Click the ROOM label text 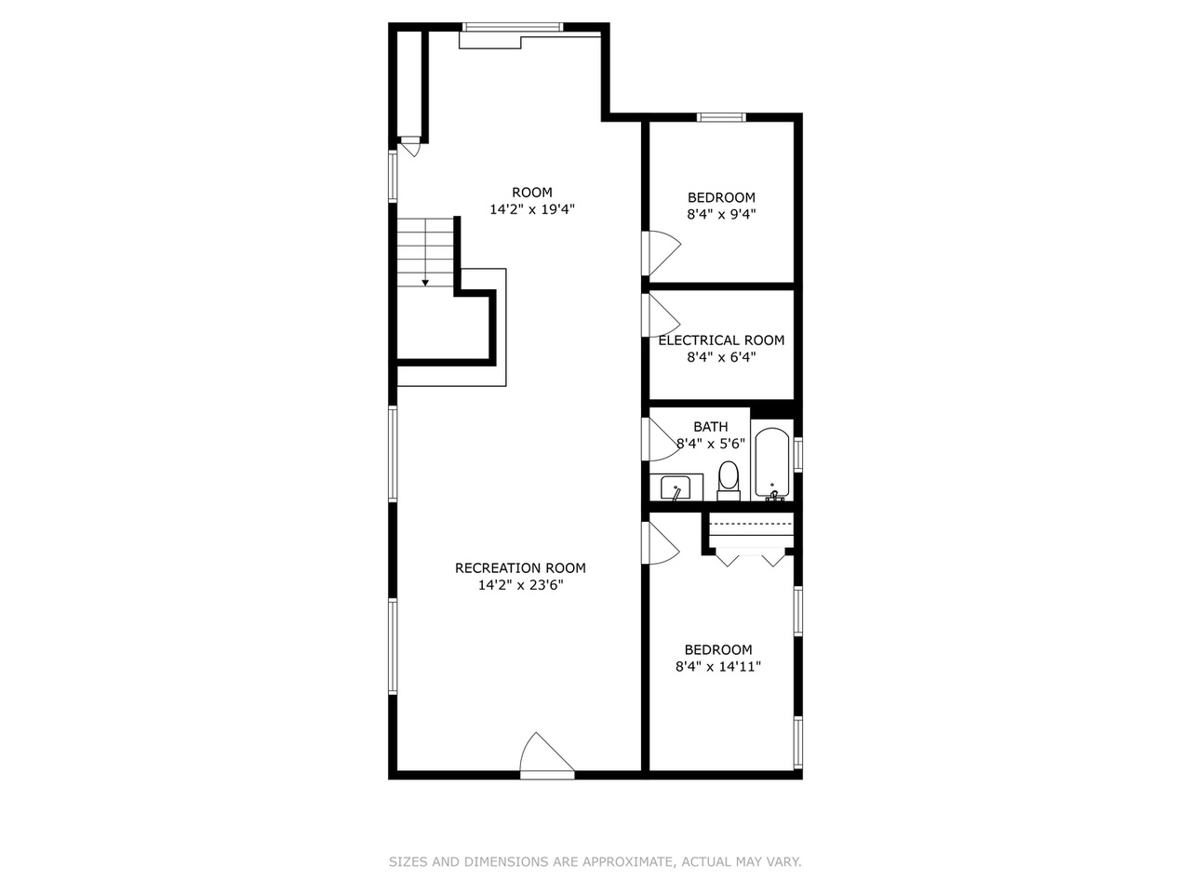click(531, 193)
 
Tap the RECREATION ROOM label click(520, 567)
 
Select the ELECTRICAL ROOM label click(721, 340)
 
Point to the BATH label click(710, 427)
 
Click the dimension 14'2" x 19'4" click(531, 209)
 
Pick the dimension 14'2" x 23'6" click(520, 585)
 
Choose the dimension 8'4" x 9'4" click(721, 214)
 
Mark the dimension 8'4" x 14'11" click(717, 666)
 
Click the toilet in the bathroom click(729, 481)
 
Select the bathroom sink click(676, 487)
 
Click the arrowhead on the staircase click(425, 283)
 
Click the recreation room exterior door click(547, 755)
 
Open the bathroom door click(661, 440)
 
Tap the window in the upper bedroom click(721, 117)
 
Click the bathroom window click(798, 453)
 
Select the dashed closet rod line click(750, 524)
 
